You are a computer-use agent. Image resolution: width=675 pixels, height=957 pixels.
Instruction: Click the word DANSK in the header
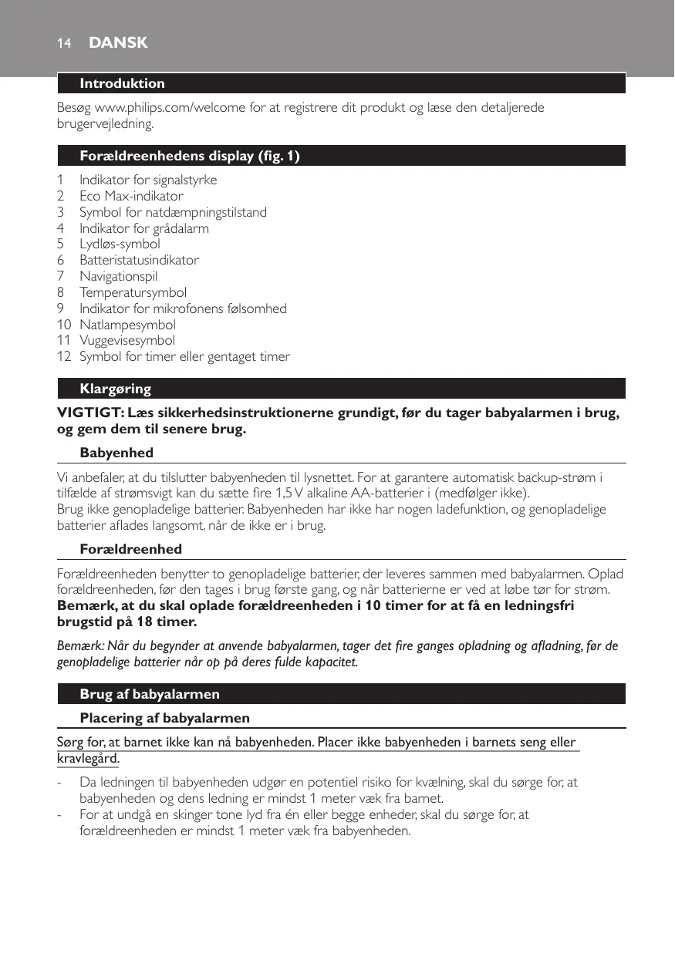pyautogui.click(x=118, y=43)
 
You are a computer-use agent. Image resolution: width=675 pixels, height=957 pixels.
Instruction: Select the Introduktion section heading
pyautogui.click(x=122, y=83)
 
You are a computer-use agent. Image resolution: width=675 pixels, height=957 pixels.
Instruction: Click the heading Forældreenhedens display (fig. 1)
pyautogui.click(x=190, y=157)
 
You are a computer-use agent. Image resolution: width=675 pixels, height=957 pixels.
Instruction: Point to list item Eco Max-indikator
pyautogui.click(x=131, y=196)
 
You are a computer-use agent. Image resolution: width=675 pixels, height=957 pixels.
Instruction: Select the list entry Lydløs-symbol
pyautogui.click(x=120, y=244)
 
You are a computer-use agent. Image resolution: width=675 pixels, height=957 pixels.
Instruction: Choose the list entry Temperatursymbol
pyautogui.click(x=133, y=292)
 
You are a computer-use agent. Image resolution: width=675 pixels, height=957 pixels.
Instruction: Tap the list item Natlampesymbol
pyautogui.click(x=127, y=325)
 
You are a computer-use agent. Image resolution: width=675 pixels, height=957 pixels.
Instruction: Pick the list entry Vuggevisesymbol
pyautogui.click(x=127, y=340)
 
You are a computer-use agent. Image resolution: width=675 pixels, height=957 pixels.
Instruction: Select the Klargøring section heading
pyautogui.click(x=115, y=388)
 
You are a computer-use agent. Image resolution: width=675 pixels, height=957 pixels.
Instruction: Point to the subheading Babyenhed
pyautogui.click(x=116, y=453)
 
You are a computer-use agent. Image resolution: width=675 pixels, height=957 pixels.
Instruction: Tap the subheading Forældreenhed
pyautogui.click(x=130, y=549)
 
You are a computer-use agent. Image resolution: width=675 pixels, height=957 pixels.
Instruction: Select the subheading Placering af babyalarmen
pyautogui.click(x=164, y=718)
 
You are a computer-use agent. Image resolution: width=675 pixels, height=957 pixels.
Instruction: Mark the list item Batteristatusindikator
pyautogui.click(x=139, y=260)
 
